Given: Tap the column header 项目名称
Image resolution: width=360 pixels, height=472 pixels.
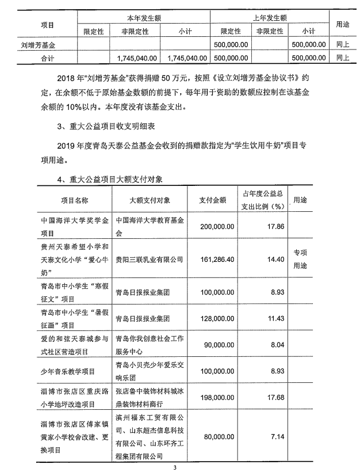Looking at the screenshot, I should (x=75, y=200).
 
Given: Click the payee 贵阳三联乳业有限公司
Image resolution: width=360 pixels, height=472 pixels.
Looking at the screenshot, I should (x=150, y=259).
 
